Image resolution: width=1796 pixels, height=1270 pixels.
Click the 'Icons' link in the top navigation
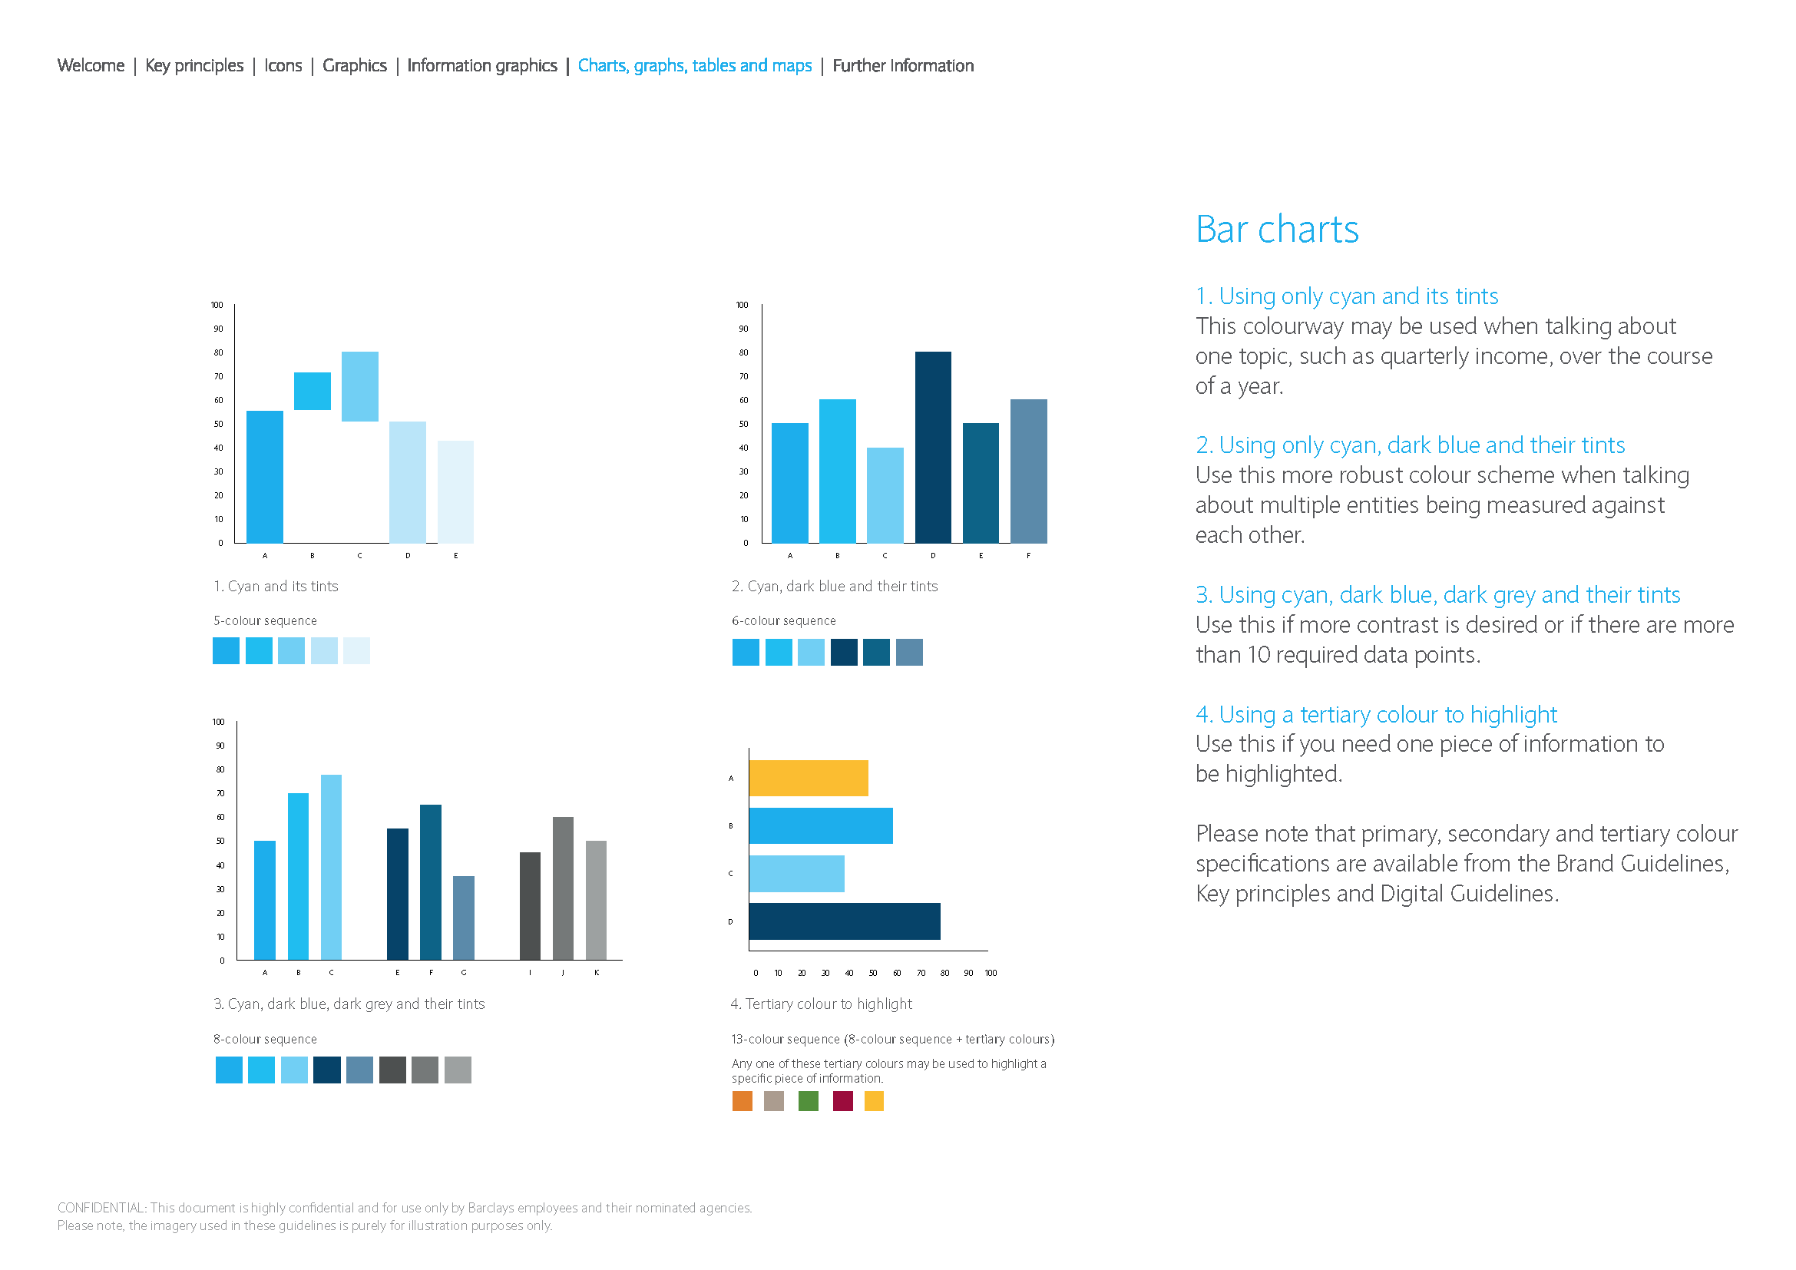pos(283,66)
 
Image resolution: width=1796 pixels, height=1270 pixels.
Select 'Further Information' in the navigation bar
pos(903,66)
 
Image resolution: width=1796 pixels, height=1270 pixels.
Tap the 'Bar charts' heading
pos(1277,230)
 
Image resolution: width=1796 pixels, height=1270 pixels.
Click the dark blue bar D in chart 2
pos(933,448)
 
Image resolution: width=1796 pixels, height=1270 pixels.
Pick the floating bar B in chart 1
pos(312,391)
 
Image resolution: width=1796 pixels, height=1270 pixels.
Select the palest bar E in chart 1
pos(455,492)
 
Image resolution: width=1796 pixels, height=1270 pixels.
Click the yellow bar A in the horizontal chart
pos(808,778)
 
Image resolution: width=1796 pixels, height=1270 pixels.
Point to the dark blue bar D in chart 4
pos(845,921)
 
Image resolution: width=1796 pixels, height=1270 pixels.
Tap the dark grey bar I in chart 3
pos(531,905)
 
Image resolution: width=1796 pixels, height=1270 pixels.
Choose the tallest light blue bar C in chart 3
pos(331,867)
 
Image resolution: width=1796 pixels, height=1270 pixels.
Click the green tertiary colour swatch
pos(808,1101)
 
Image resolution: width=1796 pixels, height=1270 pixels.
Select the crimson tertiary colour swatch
pos(842,1101)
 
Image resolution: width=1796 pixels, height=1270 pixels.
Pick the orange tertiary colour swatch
pos(743,1101)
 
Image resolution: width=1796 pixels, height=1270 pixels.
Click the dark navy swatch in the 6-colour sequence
pos(844,652)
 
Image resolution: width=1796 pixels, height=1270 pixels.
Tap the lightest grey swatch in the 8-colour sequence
pos(458,1070)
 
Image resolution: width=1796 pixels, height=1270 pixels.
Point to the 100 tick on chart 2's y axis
pos(742,305)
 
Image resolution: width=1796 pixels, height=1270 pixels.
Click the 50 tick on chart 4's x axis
pos(873,973)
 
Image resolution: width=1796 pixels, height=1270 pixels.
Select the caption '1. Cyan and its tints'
pos(276,587)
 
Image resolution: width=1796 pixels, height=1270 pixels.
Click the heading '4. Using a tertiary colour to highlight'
pos(1376,714)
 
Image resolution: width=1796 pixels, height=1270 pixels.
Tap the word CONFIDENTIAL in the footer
pos(101,1209)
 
